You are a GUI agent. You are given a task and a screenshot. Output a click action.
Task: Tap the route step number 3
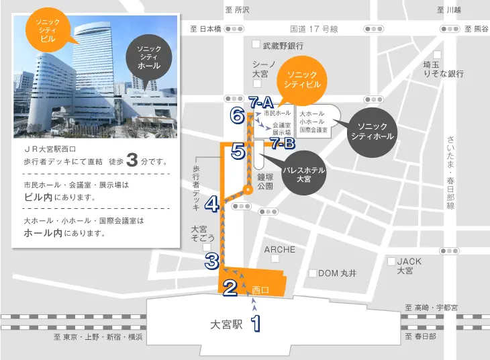(212, 261)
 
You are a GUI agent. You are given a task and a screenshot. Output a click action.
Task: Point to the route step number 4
(212, 203)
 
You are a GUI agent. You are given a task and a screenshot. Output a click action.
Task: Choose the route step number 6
(236, 116)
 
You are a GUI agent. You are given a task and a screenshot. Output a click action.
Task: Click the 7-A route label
(259, 103)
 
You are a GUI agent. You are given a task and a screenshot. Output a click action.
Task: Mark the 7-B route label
(283, 142)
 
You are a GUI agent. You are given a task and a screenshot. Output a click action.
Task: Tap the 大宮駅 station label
(225, 324)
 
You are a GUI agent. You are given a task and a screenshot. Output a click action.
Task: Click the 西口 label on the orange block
(260, 290)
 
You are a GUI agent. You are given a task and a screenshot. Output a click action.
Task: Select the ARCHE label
(280, 250)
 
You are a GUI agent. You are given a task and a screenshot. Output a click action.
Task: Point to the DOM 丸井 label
(337, 273)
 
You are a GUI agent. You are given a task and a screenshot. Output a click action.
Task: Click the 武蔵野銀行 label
(283, 46)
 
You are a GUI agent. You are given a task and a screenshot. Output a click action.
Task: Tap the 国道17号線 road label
(313, 29)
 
